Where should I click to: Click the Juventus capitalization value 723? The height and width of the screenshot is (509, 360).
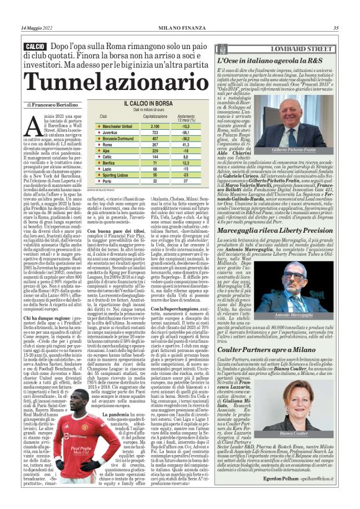(x=155, y=132)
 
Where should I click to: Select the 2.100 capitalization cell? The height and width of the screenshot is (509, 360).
(x=155, y=125)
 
